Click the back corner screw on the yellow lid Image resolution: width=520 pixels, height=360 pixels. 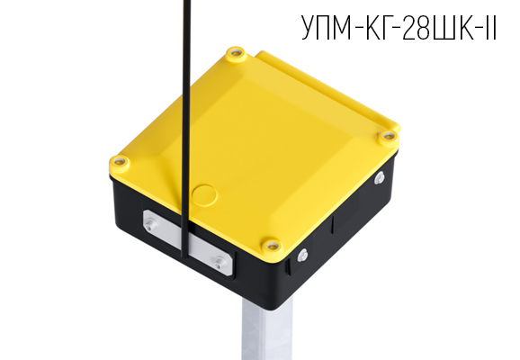tap(235, 53)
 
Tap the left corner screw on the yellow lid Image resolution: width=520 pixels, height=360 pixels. tap(119, 163)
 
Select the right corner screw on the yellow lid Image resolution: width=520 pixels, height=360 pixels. tap(389, 136)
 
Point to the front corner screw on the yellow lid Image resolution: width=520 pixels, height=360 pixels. tap(269, 243)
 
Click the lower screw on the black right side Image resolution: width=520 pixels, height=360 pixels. tap(303, 255)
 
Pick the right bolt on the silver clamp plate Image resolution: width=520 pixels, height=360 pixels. tap(220, 262)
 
